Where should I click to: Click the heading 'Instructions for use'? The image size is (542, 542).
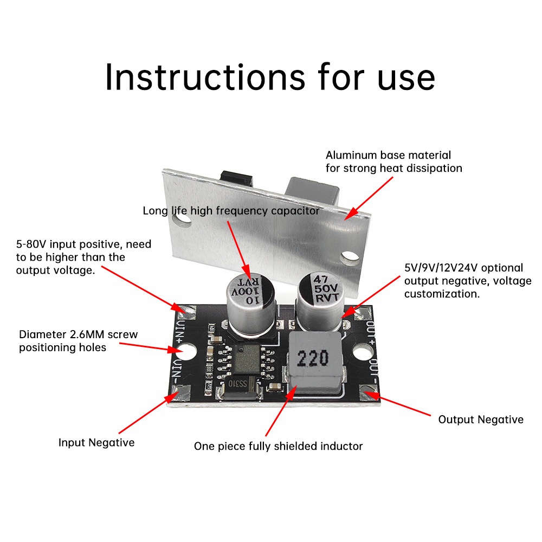[270, 77]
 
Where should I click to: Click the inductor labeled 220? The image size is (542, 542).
[313, 360]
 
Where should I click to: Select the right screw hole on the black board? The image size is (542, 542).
[362, 354]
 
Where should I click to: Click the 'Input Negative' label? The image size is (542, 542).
[96, 443]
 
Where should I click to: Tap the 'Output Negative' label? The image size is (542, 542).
[481, 420]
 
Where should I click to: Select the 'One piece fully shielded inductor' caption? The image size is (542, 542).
[278, 447]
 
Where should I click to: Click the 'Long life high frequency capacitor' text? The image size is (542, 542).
[231, 211]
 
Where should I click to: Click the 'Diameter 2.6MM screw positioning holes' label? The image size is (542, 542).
[78, 341]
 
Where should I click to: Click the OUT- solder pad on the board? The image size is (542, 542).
[370, 393]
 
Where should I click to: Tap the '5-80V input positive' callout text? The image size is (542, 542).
[83, 257]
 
